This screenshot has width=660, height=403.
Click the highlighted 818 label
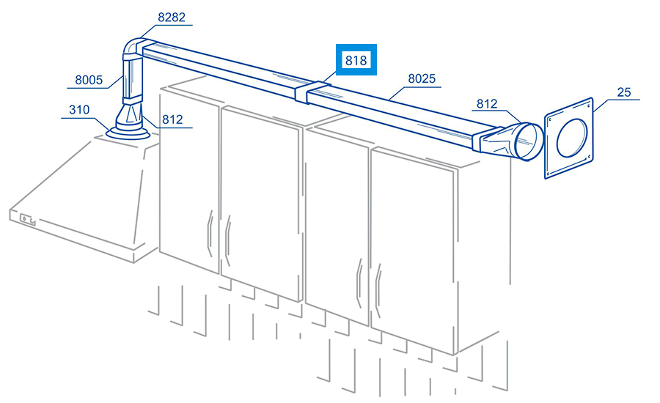tap(356, 60)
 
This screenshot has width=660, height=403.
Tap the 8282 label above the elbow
tap(172, 18)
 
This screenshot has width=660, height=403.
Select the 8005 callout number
tap(89, 80)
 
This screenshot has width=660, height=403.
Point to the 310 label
tap(79, 110)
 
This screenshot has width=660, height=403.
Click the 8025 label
tap(422, 78)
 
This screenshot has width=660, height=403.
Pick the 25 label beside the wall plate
tap(624, 92)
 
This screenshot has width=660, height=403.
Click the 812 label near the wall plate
tap(487, 103)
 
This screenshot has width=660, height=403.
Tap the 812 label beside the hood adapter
tap(172, 120)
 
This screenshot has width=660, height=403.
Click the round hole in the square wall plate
tap(571, 137)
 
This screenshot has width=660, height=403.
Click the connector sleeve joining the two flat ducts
tap(312, 92)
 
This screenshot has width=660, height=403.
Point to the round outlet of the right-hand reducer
tap(529, 141)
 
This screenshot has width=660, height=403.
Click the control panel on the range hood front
tap(28, 220)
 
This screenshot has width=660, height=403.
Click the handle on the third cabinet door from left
tap(359, 283)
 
